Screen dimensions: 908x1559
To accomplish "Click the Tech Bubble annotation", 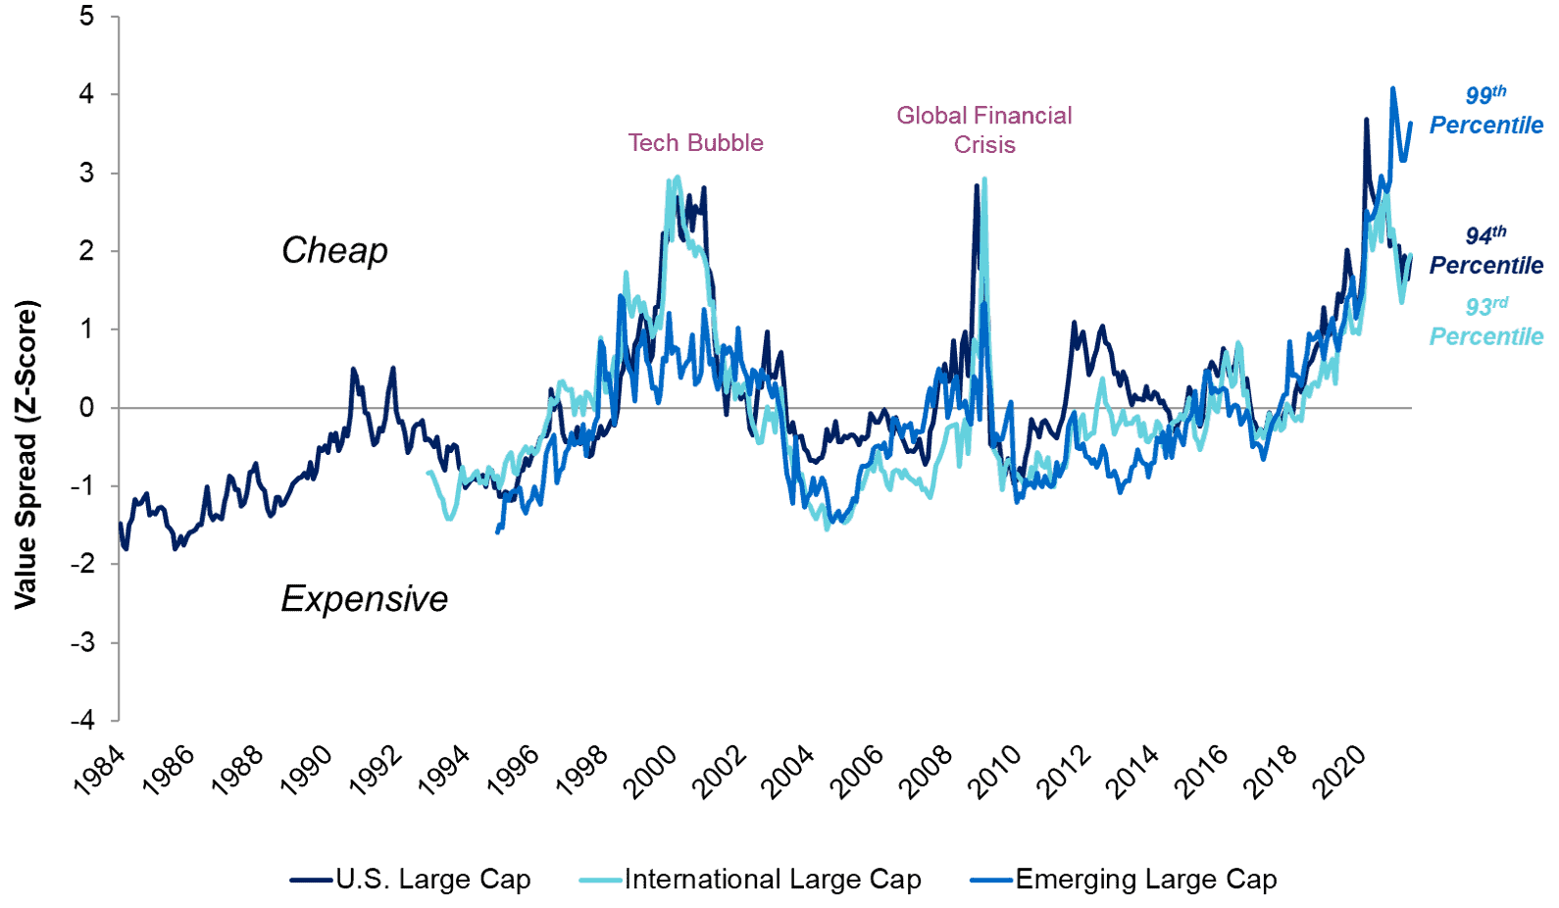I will coord(695,143).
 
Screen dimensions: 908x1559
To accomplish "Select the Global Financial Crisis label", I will coord(984,129).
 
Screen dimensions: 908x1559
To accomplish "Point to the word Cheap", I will coord(334,251).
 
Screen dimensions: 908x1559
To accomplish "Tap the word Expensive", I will coord(364,599).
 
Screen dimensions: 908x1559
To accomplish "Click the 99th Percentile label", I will coord(1485,110).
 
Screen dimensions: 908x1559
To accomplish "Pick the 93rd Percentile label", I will coord(1485,322).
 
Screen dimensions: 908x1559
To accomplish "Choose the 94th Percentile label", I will coord(1485,251).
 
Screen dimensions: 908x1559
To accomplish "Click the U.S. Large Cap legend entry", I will coord(432,880).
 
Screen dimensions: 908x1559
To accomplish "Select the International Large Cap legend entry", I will coord(772,880).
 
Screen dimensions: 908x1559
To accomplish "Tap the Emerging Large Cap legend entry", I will coord(1145,880).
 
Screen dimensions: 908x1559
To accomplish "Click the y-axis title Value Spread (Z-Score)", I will coord(25,454).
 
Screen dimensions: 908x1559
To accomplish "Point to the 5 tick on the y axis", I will coord(87,17).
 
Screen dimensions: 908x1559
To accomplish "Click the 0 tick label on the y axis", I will coord(87,408).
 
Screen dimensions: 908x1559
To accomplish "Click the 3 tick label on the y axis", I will coord(87,174).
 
